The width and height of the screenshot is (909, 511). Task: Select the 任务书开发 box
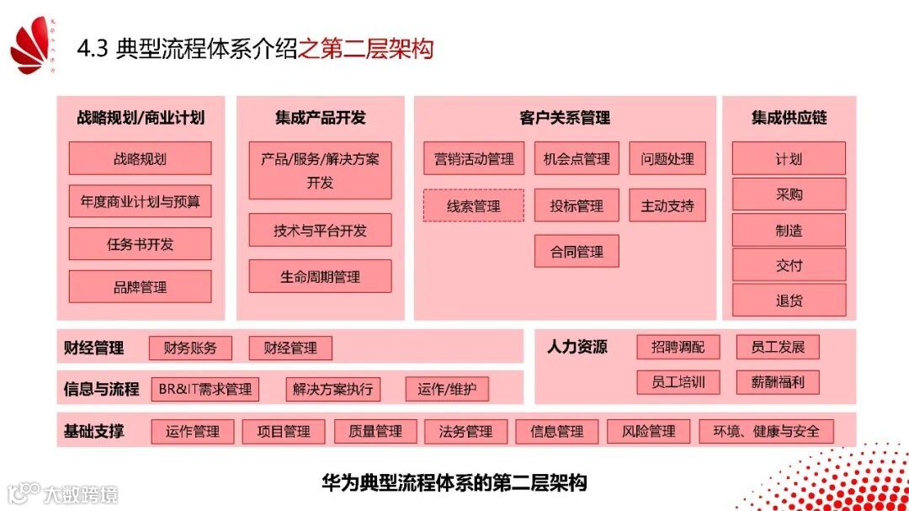point(140,244)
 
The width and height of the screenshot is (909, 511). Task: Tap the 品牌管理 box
point(140,287)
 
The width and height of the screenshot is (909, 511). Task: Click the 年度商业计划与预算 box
point(140,201)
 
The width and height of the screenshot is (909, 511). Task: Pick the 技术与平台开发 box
point(320,230)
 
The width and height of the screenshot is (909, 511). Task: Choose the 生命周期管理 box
point(320,276)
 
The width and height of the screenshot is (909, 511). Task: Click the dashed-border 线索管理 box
point(473,205)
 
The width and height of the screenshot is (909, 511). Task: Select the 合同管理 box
point(577,251)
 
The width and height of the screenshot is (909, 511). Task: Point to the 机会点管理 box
point(577,158)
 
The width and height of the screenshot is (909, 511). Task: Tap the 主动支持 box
point(667,205)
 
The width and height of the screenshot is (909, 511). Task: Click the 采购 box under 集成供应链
point(789,194)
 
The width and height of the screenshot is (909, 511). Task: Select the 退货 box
point(789,301)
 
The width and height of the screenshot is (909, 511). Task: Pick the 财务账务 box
point(190,348)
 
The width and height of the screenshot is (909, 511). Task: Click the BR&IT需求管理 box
point(205,389)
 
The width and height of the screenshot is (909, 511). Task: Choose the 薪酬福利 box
point(778,381)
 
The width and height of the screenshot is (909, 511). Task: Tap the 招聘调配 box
point(671,347)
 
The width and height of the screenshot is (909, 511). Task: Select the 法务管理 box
point(465,431)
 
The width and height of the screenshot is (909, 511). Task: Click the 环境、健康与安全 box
point(766,431)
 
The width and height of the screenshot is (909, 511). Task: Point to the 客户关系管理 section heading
point(565,118)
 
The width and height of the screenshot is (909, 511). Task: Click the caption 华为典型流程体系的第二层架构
point(454,482)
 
